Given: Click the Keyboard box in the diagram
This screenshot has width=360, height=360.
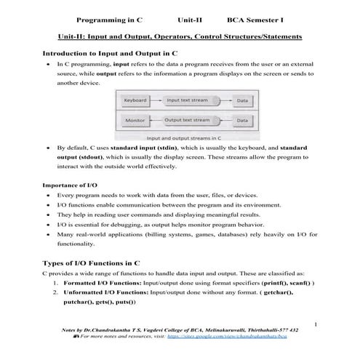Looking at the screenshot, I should coord(136,100).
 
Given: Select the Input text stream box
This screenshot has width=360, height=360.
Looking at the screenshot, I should coord(188,100).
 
